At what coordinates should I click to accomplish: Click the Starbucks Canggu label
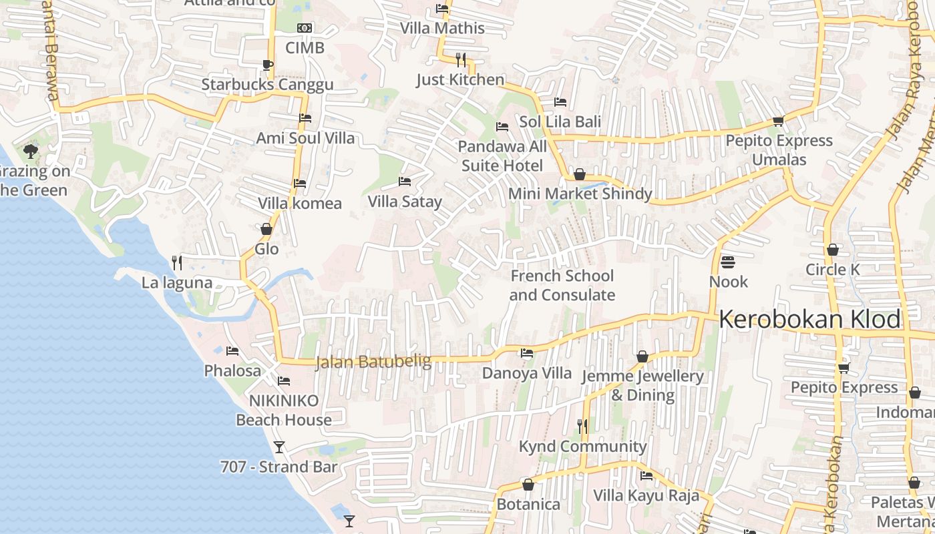tap(267, 85)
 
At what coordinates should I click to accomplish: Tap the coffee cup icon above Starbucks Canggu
tap(267, 65)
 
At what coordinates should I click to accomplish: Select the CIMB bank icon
tap(305, 28)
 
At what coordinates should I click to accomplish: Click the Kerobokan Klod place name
tap(809, 320)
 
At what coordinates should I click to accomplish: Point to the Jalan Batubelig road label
tap(373, 362)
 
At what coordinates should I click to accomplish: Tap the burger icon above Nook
tap(728, 262)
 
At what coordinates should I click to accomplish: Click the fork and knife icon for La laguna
tap(177, 262)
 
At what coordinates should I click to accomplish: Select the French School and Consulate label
tap(562, 285)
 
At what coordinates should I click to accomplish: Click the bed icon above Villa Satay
tap(405, 182)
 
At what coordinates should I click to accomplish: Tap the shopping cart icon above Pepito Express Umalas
tap(778, 121)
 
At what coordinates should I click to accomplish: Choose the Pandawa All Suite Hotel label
tap(504, 156)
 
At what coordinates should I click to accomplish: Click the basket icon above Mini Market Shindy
tap(580, 174)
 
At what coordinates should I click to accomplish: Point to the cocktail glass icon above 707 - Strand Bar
tap(279, 447)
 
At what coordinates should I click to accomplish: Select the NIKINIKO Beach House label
tap(284, 410)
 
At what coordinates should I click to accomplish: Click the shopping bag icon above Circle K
tap(832, 250)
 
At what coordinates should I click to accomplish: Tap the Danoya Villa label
tap(527, 372)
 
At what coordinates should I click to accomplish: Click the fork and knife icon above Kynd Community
tap(582, 426)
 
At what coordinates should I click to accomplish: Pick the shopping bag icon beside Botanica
tap(528, 484)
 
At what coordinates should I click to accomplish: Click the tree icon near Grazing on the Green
tap(30, 151)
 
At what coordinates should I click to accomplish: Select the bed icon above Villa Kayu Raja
tap(646, 476)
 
